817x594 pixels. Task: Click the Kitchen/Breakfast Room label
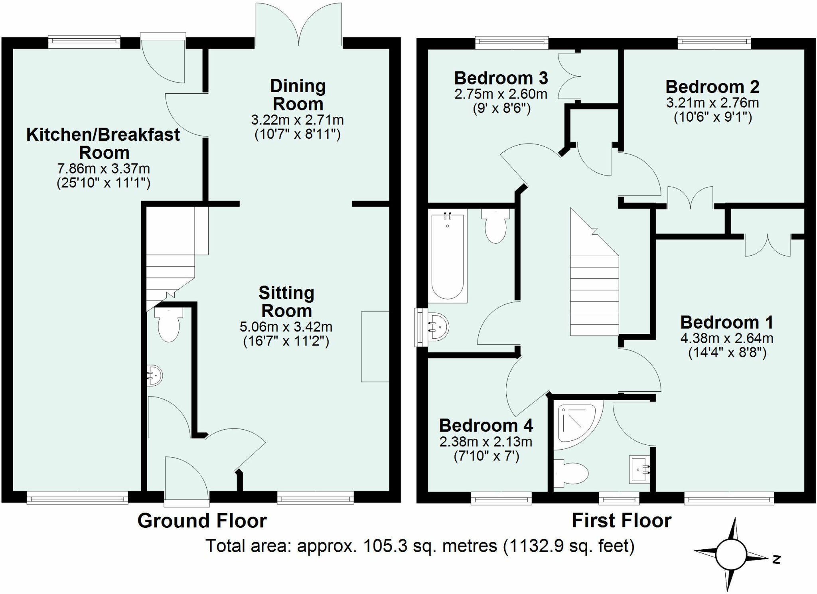click(x=103, y=144)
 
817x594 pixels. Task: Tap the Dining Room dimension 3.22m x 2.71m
click(x=297, y=120)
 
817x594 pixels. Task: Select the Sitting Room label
click(x=286, y=302)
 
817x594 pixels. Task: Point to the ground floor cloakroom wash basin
click(x=155, y=375)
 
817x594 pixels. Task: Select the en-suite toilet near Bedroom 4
click(x=571, y=474)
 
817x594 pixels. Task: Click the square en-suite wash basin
click(x=639, y=469)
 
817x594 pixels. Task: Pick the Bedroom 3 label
click(x=501, y=78)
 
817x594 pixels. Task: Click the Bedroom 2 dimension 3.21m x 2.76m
click(x=712, y=103)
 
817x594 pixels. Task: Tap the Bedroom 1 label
click(x=727, y=322)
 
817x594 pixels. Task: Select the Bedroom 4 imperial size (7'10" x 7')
click(x=486, y=456)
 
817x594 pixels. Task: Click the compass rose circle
click(x=730, y=555)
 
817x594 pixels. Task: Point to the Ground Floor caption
click(x=202, y=521)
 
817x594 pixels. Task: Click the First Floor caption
click(x=622, y=521)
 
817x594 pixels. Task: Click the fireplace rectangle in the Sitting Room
click(x=375, y=347)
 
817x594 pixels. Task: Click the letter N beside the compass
click(x=776, y=560)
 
